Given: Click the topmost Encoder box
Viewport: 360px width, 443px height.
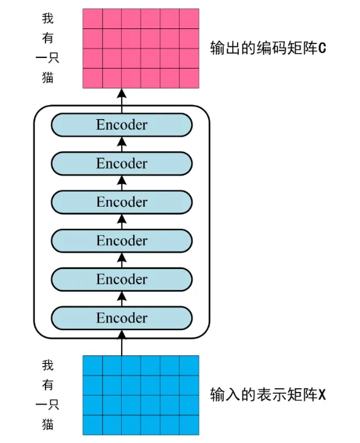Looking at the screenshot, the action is tap(122, 125).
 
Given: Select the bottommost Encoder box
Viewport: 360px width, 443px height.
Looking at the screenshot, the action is tap(122, 318).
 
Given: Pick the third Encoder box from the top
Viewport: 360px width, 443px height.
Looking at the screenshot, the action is tap(122, 202).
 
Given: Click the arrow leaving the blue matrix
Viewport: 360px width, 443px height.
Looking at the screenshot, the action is tap(122, 343).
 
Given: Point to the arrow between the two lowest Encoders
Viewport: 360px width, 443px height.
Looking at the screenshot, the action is tap(122, 299).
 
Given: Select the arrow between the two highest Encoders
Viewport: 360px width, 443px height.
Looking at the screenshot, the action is tap(122, 144).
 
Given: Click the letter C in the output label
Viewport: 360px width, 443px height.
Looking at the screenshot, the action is tap(322, 48).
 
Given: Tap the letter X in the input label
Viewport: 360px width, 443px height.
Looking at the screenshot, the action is tap(322, 394).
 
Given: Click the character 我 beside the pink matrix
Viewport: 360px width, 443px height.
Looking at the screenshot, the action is tap(48, 18).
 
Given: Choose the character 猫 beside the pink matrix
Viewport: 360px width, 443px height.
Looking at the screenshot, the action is tap(48, 78).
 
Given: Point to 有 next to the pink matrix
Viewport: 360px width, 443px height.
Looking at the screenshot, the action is tap(48, 38).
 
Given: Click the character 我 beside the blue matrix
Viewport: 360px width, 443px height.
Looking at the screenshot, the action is tap(48, 365).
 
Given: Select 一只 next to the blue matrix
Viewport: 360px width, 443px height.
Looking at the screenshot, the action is tap(47, 405).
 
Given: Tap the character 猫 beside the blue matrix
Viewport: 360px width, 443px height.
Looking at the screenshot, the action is tap(48, 424).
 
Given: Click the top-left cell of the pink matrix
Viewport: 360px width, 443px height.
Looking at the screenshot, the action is tap(93, 19).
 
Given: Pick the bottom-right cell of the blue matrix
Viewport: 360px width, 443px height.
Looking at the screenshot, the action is tap(189, 425).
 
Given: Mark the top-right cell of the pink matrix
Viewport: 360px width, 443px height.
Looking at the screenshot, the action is tap(189, 19).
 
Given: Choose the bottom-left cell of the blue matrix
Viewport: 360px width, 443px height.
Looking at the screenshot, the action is tap(93, 425).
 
